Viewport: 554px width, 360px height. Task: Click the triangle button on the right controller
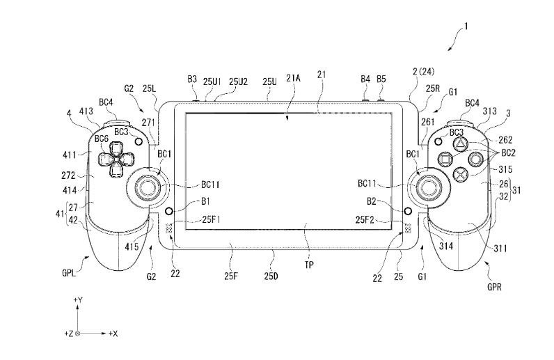pyautogui.click(x=461, y=143)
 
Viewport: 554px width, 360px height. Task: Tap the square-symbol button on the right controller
pyautogui.click(x=445, y=159)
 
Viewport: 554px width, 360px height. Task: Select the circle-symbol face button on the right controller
pyautogui.click(x=475, y=159)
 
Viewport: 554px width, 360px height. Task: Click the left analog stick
pyautogui.click(x=147, y=187)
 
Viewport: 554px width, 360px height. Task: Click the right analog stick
pyautogui.click(x=428, y=187)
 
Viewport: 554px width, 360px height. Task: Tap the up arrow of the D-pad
pyautogui.click(x=116, y=149)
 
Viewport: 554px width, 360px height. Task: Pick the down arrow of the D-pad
pyautogui.click(x=116, y=169)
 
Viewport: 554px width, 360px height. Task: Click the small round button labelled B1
pyautogui.click(x=169, y=211)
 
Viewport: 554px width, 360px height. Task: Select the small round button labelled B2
pyautogui.click(x=408, y=211)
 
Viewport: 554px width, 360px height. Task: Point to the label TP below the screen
pyautogui.click(x=309, y=265)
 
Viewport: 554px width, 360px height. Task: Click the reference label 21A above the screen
pyautogui.click(x=293, y=78)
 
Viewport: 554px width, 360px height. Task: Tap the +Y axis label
pyautogui.click(x=78, y=300)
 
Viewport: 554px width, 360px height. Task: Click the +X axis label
pyautogui.click(x=113, y=333)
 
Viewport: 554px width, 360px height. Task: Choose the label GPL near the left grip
pyautogui.click(x=70, y=273)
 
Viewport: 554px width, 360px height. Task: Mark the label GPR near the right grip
pyautogui.click(x=494, y=287)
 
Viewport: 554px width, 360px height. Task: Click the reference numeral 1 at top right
pyautogui.click(x=466, y=26)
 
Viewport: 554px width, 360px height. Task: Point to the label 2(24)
pyautogui.click(x=424, y=72)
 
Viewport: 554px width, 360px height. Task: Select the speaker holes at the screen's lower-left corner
pyautogui.click(x=169, y=228)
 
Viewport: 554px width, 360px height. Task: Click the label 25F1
pyautogui.click(x=211, y=219)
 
